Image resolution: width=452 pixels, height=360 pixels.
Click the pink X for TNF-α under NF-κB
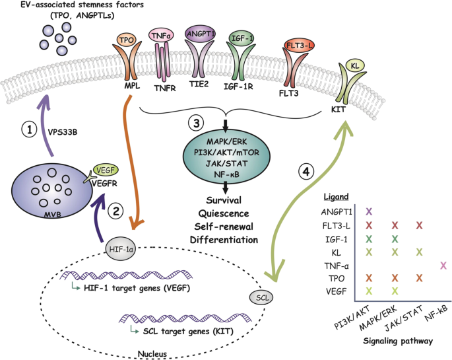coord(443,265)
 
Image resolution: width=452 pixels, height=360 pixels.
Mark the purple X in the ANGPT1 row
coord(368,211)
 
